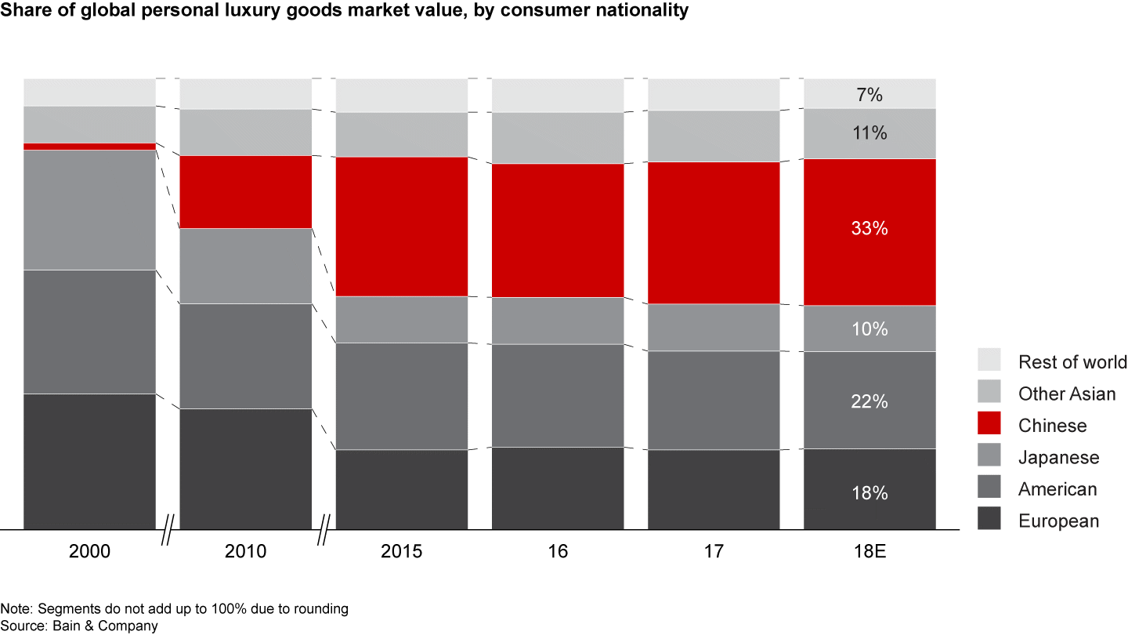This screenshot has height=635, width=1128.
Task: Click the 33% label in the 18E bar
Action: click(x=869, y=229)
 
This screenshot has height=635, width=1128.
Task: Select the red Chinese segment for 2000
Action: click(x=89, y=147)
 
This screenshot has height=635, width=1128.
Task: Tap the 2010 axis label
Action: click(x=245, y=551)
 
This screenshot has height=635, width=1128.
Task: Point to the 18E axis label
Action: click(x=869, y=551)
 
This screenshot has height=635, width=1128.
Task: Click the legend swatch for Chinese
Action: click(x=989, y=425)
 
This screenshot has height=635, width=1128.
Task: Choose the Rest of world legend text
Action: click(x=1072, y=362)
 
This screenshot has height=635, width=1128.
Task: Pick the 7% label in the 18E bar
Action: click(x=869, y=96)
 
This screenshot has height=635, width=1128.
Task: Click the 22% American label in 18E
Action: click(x=869, y=401)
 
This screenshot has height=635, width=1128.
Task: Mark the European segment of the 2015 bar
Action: click(x=402, y=489)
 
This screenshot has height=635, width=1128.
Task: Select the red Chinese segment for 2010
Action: click(x=245, y=192)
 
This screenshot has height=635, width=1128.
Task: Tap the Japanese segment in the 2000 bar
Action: click(x=89, y=209)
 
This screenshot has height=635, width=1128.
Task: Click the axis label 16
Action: click(x=558, y=551)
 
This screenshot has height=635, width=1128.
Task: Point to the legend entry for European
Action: click(x=1058, y=521)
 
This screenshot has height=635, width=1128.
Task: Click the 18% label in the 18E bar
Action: click(x=869, y=493)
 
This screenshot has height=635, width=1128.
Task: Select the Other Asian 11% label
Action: click(x=869, y=133)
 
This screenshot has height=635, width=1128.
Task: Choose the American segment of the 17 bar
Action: click(x=714, y=400)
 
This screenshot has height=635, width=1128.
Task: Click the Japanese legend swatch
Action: click(x=989, y=457)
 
